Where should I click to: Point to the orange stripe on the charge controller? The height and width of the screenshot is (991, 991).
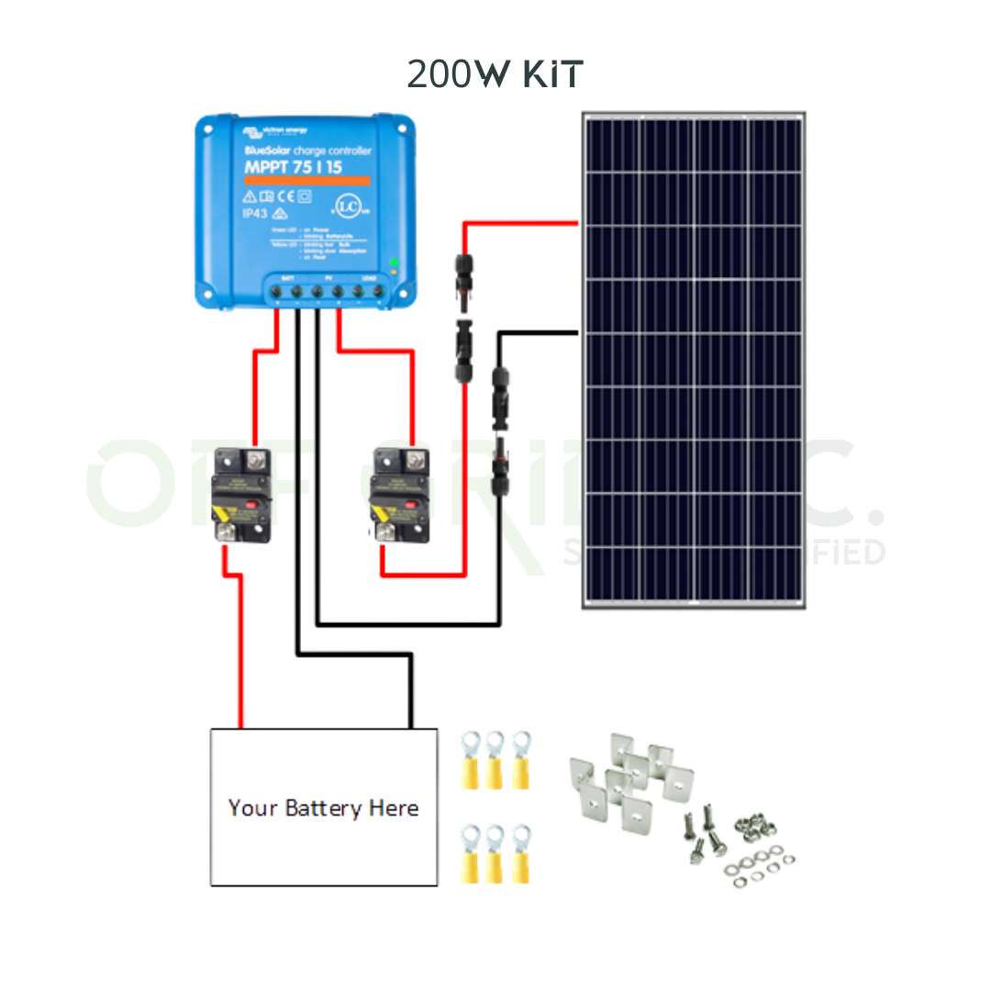click(x=307, y=180)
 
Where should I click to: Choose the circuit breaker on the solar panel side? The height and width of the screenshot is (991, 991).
click(x=400, y=496)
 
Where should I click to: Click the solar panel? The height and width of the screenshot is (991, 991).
click(x=694, y=361)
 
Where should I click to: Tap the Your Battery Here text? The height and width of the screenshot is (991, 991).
click(x=323, y=808)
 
